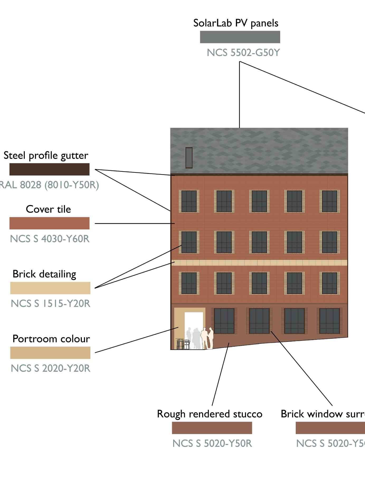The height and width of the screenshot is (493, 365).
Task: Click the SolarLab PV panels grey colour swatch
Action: click(240, 37)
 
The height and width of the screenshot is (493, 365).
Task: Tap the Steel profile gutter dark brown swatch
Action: click(49, 169)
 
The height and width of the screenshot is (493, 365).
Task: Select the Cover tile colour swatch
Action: click(49, 223)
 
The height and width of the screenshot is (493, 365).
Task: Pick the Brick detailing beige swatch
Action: click(50, 288)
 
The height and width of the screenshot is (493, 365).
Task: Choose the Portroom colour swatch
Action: click(50, 353)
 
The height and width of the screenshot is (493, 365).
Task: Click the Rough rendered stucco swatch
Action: click(212, 428)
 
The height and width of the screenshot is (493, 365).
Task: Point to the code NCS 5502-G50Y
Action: click(243, 53)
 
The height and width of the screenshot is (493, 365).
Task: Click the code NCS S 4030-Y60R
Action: click(50, 239)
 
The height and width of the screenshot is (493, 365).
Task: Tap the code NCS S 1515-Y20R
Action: click(50, 304)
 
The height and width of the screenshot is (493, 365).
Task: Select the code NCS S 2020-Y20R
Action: click(50, 368)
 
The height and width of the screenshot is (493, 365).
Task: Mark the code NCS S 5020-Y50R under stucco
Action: click(212, 443)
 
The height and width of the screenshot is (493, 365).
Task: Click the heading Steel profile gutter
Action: click(46, 155)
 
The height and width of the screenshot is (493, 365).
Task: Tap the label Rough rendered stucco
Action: click(210, 414)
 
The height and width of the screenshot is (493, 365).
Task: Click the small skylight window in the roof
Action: click(189, 158)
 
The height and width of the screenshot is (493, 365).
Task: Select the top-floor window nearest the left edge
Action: click(189, 201)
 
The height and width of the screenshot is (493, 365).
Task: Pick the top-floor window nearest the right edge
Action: click(330, 201)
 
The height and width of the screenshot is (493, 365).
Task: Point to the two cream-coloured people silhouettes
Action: click(207, 338)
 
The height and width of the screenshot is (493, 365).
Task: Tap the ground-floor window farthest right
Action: click(329, 321)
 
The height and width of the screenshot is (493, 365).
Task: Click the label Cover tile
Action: click(48, 209)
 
